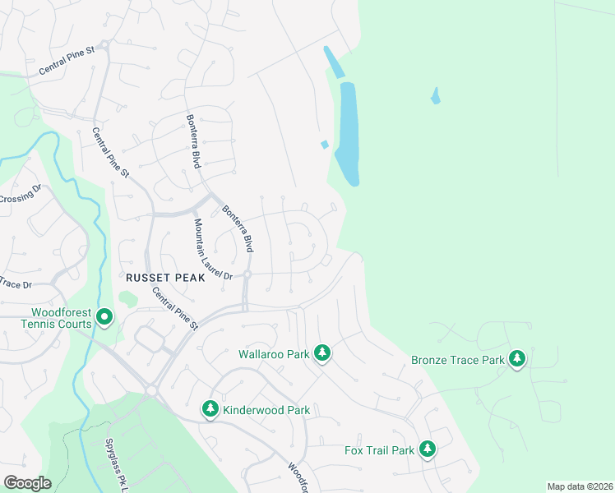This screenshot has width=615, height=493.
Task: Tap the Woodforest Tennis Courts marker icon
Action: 104,316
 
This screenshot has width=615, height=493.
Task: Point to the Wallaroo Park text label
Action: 273,354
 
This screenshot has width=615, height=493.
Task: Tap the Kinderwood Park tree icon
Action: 210,408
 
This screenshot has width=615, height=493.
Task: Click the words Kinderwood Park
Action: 266,409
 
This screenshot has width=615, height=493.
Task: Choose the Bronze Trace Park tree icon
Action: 517,358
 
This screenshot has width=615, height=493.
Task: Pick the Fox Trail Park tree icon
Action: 427,449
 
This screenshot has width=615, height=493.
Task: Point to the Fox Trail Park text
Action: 379,450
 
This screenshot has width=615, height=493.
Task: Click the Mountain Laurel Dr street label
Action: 213,249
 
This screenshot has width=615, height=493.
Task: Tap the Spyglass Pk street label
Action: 117,456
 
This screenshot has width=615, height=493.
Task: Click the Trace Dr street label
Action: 15,284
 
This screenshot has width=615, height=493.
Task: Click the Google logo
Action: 27,482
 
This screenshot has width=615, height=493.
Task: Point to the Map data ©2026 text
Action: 579,486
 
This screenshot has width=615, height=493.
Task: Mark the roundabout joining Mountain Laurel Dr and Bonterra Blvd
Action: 247,274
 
